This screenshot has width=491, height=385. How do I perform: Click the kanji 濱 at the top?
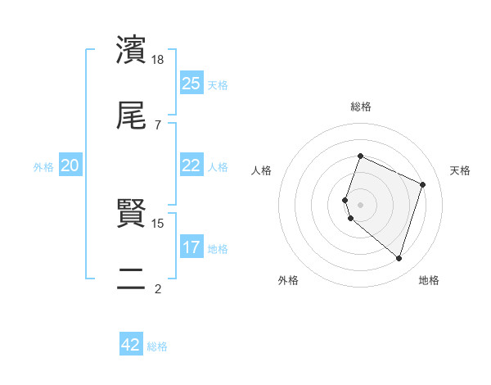pos(131,50)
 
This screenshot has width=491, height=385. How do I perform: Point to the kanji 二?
pos(131,280)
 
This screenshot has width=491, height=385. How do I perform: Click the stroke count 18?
pos(159,59)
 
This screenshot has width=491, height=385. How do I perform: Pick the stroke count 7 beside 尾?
pos(159,125)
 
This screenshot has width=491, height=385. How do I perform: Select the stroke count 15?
pos(159,223)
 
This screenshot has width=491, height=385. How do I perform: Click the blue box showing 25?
pos(191,84)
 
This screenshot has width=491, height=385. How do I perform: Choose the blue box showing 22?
pos(191,165)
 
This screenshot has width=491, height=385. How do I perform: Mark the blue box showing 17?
pos(191,247)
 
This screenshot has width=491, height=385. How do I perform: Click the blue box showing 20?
pos(70,165)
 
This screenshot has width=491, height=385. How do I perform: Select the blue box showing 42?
pos(131,345)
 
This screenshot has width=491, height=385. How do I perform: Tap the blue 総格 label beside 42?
pos(157,346)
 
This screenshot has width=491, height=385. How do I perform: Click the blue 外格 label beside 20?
pos(43,167)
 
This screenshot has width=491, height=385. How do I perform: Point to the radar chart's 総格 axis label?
pos(361,106)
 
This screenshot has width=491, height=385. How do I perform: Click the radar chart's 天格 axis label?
pos(461,170)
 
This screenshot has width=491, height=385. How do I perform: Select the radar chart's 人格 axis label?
pos(262,170)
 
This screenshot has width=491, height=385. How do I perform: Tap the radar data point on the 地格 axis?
pos(399,259)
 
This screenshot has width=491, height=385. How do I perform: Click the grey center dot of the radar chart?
pos(361,204)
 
